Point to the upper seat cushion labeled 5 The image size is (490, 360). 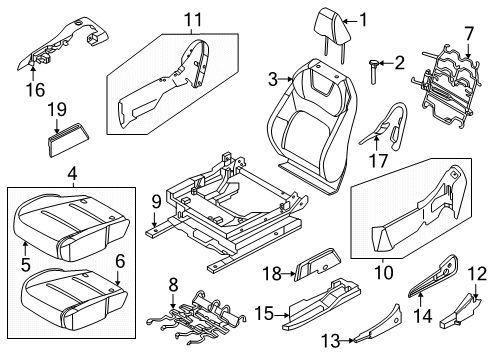click(60, 221)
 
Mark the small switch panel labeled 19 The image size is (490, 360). click(67, 140)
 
